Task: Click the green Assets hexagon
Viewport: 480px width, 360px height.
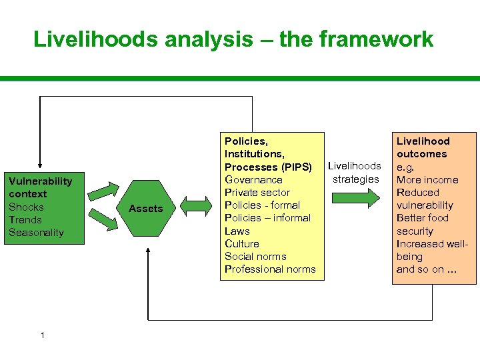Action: click(x=146, y=209)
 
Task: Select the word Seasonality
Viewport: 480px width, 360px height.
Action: click(x=36, y=233)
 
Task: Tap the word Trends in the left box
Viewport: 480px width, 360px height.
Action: click(x=25, y=220)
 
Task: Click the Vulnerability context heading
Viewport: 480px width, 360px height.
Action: click(x=40, y=187)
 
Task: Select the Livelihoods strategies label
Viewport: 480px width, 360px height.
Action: click(x=355, y=172)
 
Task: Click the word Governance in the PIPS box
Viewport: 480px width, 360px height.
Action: click(x=253, y=180)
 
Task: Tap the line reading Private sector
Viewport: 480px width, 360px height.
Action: click(x=257, y=193)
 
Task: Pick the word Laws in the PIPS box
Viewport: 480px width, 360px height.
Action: click(x=237, y=231)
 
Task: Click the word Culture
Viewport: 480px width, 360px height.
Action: click(x=241, y=244)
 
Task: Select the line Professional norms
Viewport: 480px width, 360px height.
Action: click(x=270, y=269)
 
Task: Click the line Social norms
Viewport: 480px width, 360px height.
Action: click(x=255, y=257)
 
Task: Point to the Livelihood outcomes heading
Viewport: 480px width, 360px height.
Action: click(x=423, y=147)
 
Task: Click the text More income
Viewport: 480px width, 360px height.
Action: click(x=427, y=180)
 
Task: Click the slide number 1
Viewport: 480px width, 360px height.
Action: click(x=42, y=335)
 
